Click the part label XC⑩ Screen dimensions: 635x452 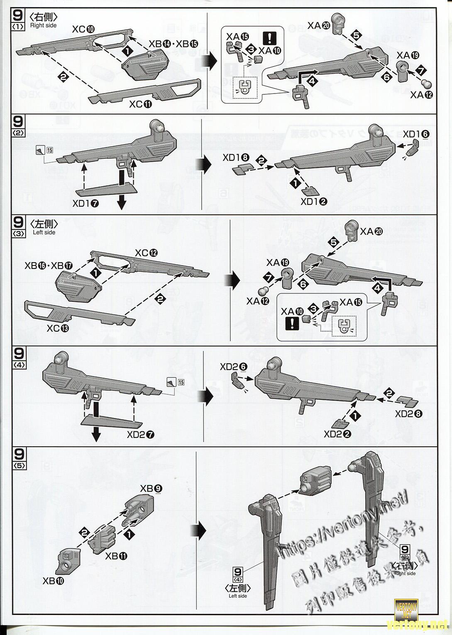(83, 29)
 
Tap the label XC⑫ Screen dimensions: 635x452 (147, 253)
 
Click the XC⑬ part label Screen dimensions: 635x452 (59, 328)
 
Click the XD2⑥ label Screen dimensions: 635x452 (234, 367)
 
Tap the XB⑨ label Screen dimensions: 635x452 (151, 488)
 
